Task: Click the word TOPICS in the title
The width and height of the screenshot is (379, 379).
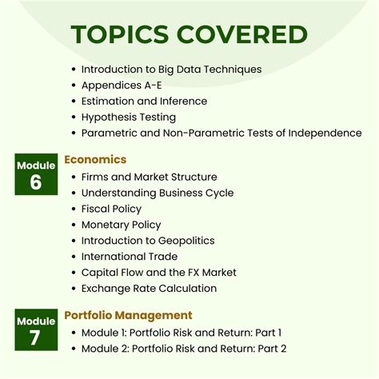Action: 120,34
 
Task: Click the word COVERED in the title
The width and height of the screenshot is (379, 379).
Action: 242,34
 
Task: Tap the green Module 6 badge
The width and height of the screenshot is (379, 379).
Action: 36,174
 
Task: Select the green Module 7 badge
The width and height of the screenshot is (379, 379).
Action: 36,329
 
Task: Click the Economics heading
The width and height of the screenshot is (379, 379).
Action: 95,159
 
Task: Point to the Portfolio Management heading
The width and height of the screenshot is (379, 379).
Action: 128,315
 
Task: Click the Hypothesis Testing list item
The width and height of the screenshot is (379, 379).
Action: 129,118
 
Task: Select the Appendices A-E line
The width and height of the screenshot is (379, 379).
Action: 122,86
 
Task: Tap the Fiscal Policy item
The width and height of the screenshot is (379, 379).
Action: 111,209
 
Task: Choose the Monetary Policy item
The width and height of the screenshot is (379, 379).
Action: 121,225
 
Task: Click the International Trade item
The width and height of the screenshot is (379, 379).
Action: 130,257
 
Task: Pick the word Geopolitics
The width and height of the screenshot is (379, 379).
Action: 186,241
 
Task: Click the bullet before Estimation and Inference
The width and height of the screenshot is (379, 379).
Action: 74,102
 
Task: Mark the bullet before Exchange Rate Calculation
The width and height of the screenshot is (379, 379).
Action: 74,289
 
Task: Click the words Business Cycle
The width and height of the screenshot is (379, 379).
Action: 196,193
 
